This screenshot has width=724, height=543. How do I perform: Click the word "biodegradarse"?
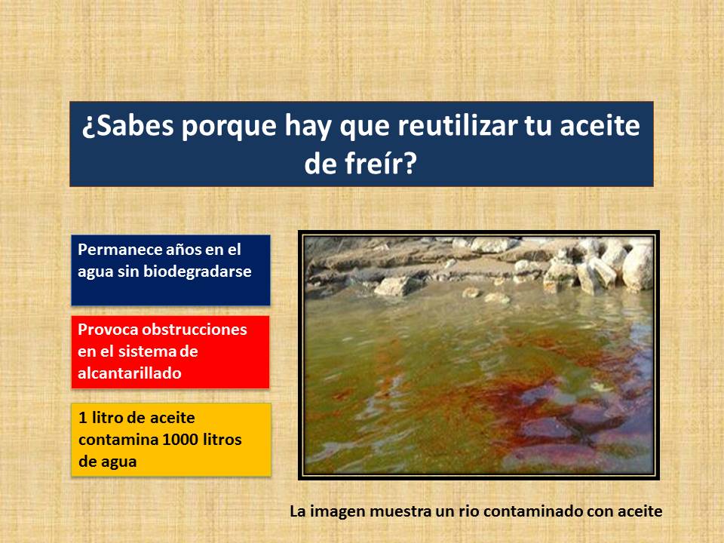coord(197,271)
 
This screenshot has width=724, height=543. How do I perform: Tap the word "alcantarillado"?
coord(129,373)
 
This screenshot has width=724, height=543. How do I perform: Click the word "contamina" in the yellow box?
coord(118,440)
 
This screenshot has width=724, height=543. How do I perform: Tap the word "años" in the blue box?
coord(173,250)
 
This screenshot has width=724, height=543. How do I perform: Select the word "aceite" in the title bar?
coord(600,125)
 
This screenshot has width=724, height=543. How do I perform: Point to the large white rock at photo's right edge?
coord(637,268)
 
